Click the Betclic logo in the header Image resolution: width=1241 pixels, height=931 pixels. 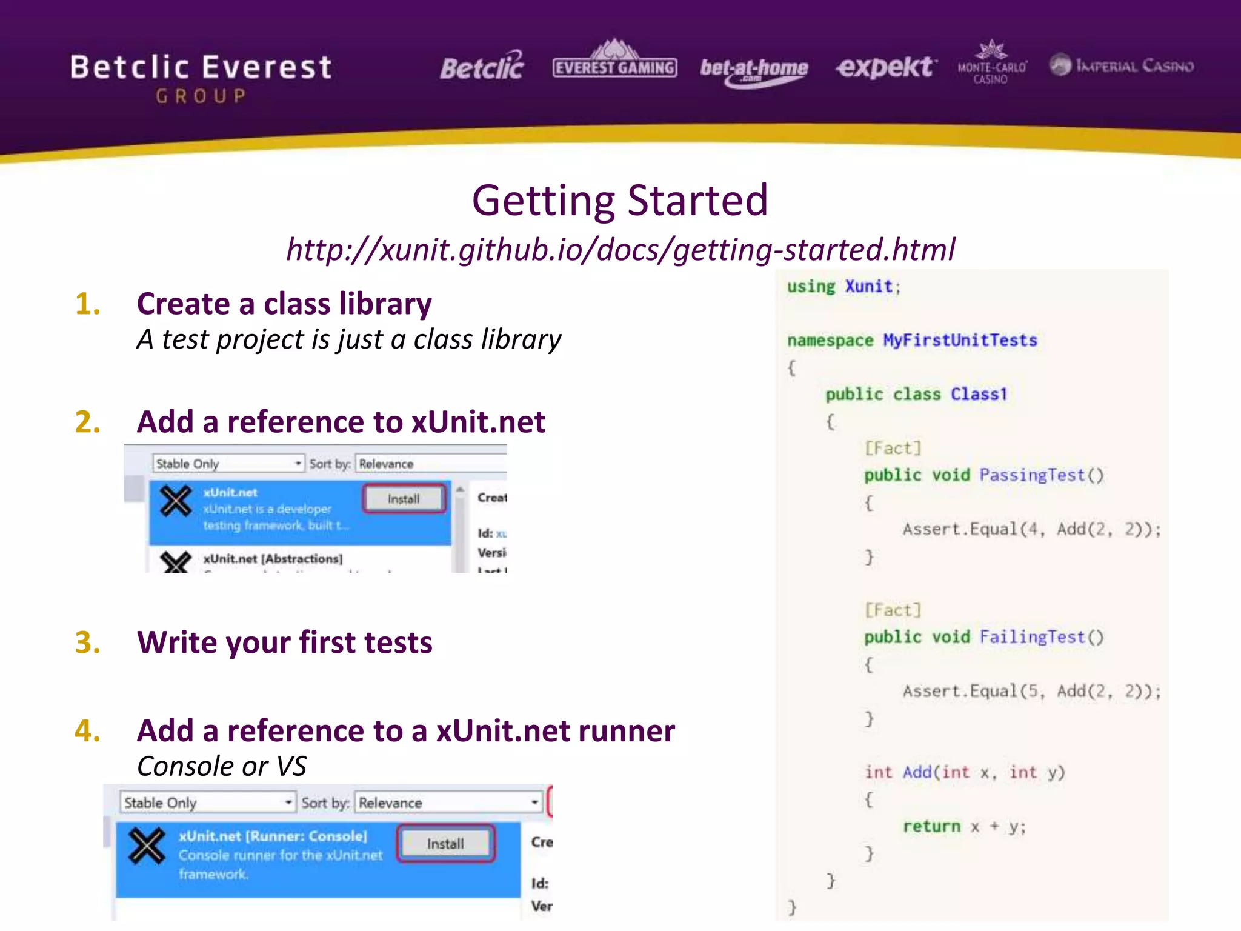tap(482, 67)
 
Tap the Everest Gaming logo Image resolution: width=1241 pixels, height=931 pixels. tap(614, 63)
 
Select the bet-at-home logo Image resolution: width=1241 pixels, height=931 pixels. tap(754, 70)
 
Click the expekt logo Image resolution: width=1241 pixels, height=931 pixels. tap(886, 67)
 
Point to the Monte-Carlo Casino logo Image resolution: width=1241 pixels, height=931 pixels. tap(991, 64)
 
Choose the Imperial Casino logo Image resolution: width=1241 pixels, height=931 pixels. tap(1122, 65)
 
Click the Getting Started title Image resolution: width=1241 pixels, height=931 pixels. tap(620, 201)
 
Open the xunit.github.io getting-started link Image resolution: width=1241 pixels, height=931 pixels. tap(620, 250)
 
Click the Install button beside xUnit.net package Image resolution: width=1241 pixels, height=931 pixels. tap(404, 499)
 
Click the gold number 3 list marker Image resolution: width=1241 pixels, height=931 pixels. tap(88, 642)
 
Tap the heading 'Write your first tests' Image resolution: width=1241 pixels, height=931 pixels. tap(285, 642)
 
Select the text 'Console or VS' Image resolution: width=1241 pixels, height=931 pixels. tap(222, 766)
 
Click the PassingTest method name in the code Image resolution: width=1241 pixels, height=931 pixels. tap(1032, 475)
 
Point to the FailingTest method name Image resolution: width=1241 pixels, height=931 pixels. tap(1032, 637)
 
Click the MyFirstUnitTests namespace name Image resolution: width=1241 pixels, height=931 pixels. tap(960, 341)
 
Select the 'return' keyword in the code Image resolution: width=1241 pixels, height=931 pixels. tap(931, 827)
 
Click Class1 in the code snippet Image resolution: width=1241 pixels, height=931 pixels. tap(979, 395)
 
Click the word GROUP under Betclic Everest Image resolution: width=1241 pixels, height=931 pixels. tap(201, 96)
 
